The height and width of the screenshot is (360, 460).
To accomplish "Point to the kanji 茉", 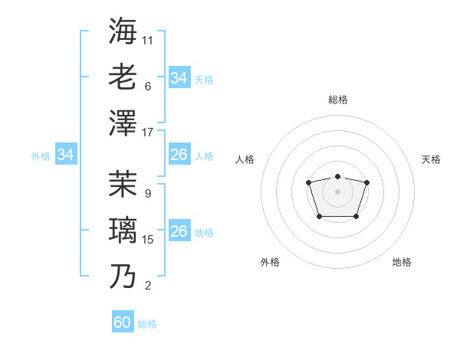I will coord(123,184).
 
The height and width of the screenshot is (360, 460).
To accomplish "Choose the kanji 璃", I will coord(123,230).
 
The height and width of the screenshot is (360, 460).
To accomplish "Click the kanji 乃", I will coord(123,276).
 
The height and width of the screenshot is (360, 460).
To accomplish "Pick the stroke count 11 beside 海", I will coord(148,40).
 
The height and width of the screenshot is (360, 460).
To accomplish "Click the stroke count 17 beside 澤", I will coord(148,133).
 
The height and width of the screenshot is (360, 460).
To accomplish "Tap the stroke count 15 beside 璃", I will coord(148,240).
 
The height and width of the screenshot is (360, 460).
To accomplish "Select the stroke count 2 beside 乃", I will coord(148,286).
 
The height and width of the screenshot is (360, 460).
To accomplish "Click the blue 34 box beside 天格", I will coord(179,78).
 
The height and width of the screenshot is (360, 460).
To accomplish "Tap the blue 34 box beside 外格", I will coord(65,155).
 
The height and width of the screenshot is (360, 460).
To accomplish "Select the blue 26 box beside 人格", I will coord(179,155).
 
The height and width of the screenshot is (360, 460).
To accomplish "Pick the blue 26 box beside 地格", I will coord(179,232).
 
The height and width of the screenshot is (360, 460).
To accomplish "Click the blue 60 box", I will coord(123,322).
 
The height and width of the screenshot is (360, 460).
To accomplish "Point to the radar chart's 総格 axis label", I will coord(338,100).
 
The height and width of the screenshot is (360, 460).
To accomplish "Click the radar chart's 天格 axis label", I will coord(431,159).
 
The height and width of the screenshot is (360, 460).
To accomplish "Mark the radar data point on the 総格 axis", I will coord(338,177).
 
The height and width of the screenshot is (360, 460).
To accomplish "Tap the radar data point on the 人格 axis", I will coord(308,182).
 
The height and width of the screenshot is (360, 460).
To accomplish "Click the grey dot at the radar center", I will coord(338,191).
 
